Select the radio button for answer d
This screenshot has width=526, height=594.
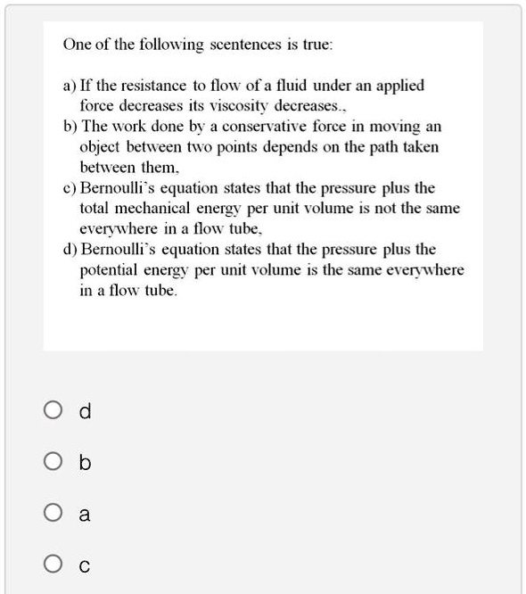(52, 411)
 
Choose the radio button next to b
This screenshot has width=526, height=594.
(52, 463)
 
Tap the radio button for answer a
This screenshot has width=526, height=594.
(52, 515)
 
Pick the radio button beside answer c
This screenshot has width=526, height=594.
(52, 565)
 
